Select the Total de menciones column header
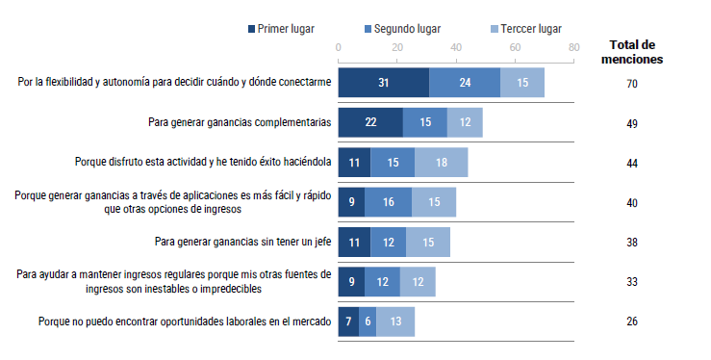(x=632, y=52)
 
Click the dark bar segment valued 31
(x=384, y=84)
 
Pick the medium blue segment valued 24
(x=465, y=84)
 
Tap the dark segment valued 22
(x=370, y=123)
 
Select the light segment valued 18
(x=441, y=163)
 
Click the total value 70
(x=632, y=85)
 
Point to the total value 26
(x=632, y=321)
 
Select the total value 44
(x=632, y=164)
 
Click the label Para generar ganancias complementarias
(x=240, y=123)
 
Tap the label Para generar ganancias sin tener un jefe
(x=242, y=242)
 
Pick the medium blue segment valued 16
(x=388, y=202)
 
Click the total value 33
(x=632, y=282)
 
